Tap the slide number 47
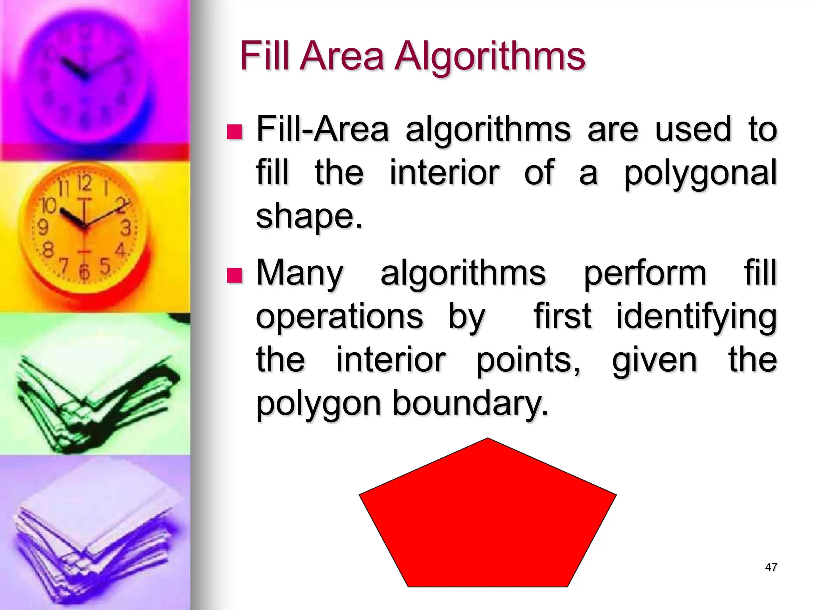coord(771,567)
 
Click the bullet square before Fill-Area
coord(234,131)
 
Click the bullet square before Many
coord(234,275)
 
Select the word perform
coord(645,274)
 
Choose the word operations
coord(339,317)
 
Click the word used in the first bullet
coord(693,129)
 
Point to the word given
coord(654,361)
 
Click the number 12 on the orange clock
coord(84,183)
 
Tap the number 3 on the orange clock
coord(126,228)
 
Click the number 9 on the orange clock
coord(43,228)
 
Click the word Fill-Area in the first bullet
coord(322,129)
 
